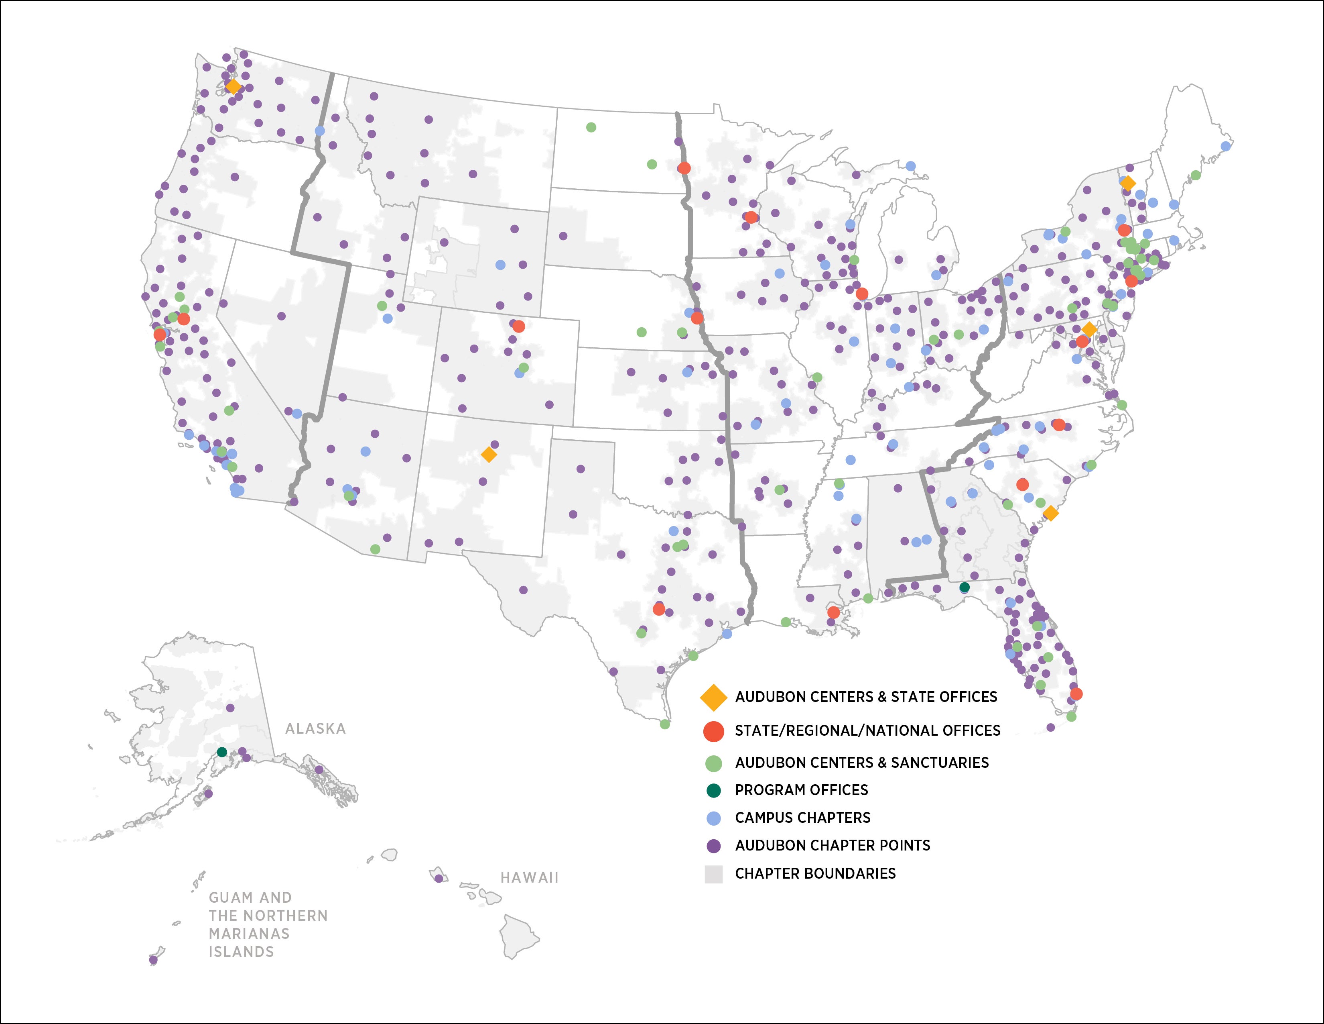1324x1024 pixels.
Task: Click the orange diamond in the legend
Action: (x=713, y=698)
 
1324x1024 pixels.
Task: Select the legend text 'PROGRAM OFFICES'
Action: (x=802, y=790)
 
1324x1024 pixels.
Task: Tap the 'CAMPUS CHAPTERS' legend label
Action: (x=803, y=818)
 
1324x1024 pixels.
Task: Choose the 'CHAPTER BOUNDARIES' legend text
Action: (x=815, y=873)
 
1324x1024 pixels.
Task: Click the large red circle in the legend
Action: (x=713, y=731)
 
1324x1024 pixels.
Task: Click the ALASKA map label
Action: (x=315, y=728)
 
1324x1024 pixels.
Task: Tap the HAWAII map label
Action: (x=529, y=877)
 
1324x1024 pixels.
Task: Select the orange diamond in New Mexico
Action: (x=489, y=454)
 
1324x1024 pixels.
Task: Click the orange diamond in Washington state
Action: (x=233, y=87)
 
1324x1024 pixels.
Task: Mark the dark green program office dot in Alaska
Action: (x=222, y=752)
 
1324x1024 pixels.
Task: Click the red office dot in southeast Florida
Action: (x=1076, y=694)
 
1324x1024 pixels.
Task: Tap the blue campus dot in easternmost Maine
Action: (x=1226, y=146)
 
